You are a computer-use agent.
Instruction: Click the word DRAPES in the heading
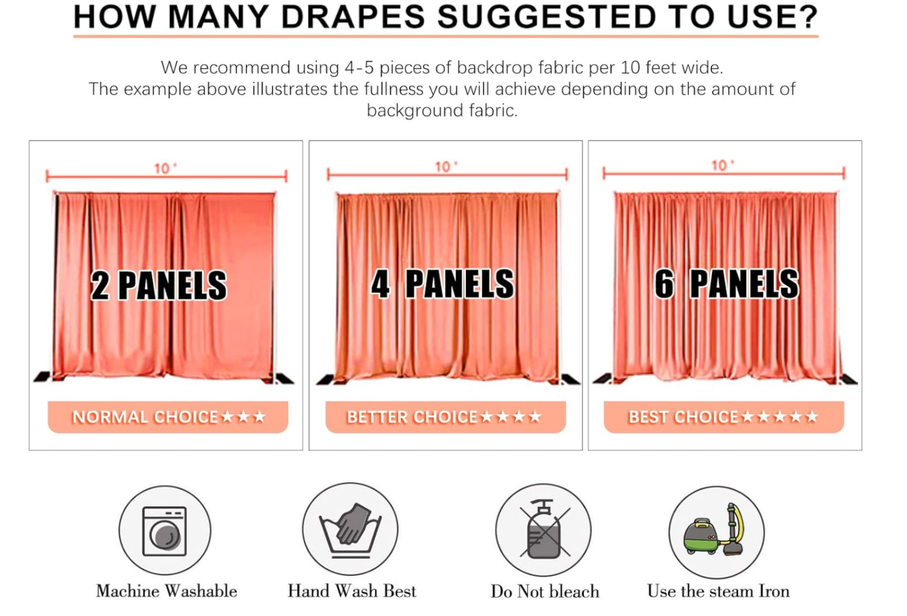[x=353, y=17]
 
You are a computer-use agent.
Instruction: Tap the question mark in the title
[x=807, y=17]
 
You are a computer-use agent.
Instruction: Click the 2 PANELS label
[x=159, y=286]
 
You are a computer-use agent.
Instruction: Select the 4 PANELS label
[x=443, y=284]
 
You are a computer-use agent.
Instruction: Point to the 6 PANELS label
[x=727, y=284]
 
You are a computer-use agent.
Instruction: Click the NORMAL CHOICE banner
[x=168, y=417]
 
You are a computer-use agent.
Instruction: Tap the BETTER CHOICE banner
[x=446, y=417]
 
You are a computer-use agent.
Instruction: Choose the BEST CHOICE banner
[x=724, y=417]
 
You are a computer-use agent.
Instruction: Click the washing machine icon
[x=165, y=530]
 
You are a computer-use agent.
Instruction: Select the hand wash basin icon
[x=350, y=529]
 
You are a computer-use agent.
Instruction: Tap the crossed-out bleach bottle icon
[x=544, y=530]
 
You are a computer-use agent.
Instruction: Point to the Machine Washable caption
[x=167, y=591]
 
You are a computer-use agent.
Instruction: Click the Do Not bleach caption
[x=545, y=592]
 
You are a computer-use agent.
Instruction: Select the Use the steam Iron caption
[x=718, y=591]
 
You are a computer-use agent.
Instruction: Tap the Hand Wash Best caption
[x=352, y=591]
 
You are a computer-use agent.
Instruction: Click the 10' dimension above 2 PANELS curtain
[x=166, y=168]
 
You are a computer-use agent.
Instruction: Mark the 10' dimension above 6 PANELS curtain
[x=723, y=165]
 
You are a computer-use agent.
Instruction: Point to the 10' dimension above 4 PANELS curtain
[x=446, y=167]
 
